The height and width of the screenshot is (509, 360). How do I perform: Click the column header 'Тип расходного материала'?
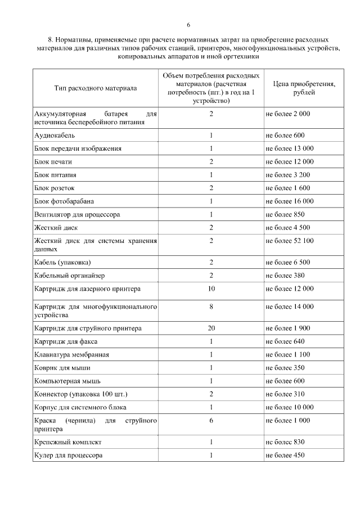click(96, 88)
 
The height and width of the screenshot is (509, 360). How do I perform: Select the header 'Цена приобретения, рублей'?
click(304, 88)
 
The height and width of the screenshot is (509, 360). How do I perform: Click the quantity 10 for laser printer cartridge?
click(211, 289)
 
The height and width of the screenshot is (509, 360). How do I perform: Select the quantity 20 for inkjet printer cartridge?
click(211, 328)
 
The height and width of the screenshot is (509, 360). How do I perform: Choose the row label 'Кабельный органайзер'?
click(70, 276)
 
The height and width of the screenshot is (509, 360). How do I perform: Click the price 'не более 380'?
click(285, 276)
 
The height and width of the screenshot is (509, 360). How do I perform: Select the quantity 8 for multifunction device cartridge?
click(211, 307)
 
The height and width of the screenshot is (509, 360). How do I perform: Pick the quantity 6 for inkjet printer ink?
click(211, 420)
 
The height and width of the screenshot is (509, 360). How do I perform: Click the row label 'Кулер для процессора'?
click(69, 455)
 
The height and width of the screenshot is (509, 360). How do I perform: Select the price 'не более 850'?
click(285, 214)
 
